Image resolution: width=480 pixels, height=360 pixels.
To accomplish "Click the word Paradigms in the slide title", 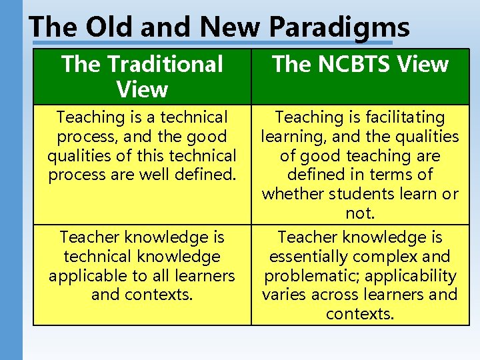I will [x=339, y=27].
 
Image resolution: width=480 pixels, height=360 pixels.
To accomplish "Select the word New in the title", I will [x=231, y=27].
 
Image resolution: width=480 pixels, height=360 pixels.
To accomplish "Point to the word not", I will [x=360, y=213].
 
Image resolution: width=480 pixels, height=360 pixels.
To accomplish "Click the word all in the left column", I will [x=157, y=276].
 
